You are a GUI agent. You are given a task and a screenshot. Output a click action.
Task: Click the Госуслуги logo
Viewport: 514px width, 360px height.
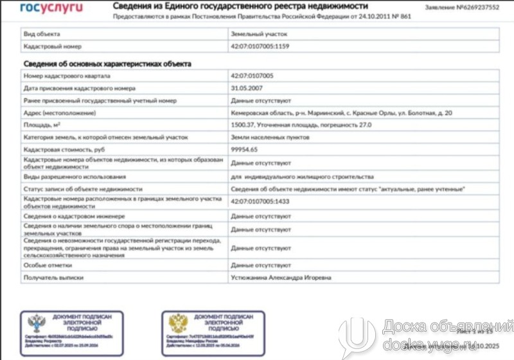click(51, 8)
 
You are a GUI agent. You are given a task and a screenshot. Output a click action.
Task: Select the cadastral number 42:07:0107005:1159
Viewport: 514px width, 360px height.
click(260, 46)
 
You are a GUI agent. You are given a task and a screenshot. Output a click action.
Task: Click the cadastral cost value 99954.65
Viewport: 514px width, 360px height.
click(244, 149)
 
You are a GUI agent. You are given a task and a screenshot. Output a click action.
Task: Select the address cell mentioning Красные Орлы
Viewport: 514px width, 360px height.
click(341, 113)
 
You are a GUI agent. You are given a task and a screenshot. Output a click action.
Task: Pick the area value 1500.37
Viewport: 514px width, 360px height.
click(244, 125)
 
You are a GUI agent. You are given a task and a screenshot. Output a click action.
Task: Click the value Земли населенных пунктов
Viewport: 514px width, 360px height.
click(270, 137)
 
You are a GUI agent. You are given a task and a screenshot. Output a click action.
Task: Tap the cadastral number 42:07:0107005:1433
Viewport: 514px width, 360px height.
click(260, 203)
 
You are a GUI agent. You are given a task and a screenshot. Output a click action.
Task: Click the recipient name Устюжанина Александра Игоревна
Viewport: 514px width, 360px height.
click(281, 278)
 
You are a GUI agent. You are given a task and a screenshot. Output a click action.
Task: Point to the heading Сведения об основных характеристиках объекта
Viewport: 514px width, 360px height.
click(107, 63)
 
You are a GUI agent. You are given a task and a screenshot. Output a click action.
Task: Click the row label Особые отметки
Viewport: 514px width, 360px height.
click(48, 265)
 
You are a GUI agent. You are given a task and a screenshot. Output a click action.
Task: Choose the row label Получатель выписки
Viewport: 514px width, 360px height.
click(56, 278)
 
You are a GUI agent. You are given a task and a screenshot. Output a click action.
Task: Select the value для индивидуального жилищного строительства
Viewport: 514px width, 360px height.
click(302, 176)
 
